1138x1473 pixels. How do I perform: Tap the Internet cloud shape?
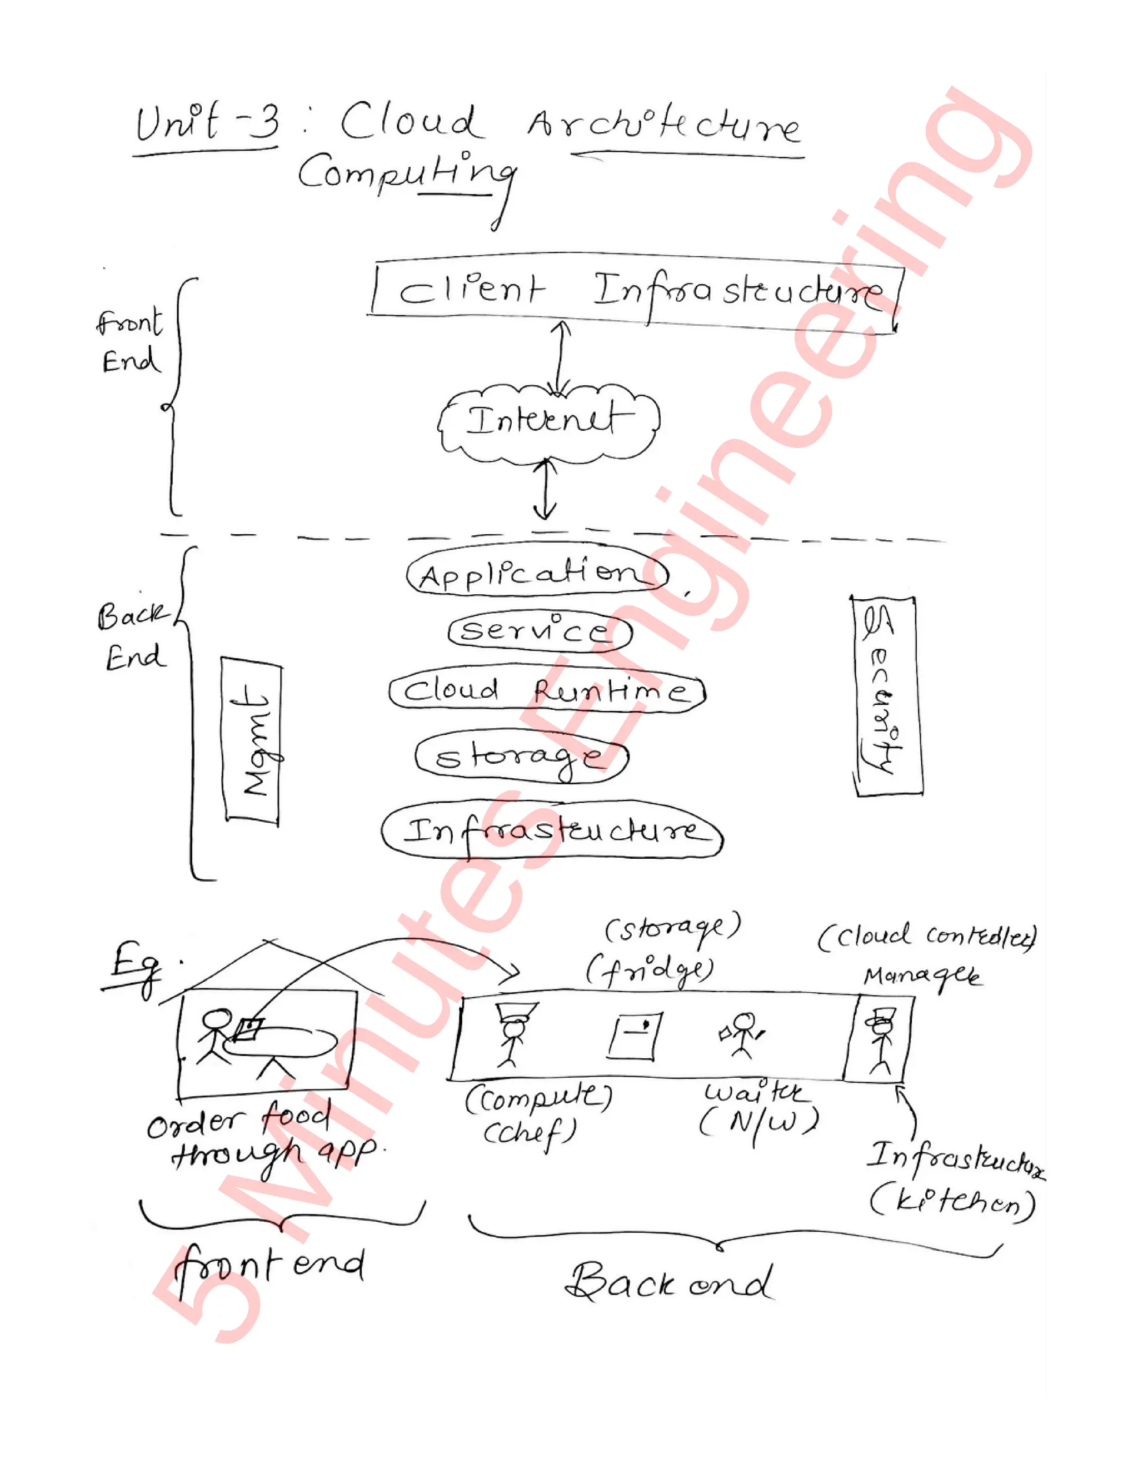click(547, 421)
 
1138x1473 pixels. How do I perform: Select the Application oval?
click(537, 575)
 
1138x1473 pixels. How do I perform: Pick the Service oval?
click(540, 631)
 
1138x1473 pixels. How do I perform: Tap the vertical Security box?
click(886, 696)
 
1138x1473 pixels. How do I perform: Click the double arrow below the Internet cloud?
click(544, 490)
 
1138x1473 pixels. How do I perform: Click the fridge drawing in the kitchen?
click(633, 1034)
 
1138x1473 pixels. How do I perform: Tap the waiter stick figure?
click(742, 1034)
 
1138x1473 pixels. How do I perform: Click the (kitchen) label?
click(952, 1202)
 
